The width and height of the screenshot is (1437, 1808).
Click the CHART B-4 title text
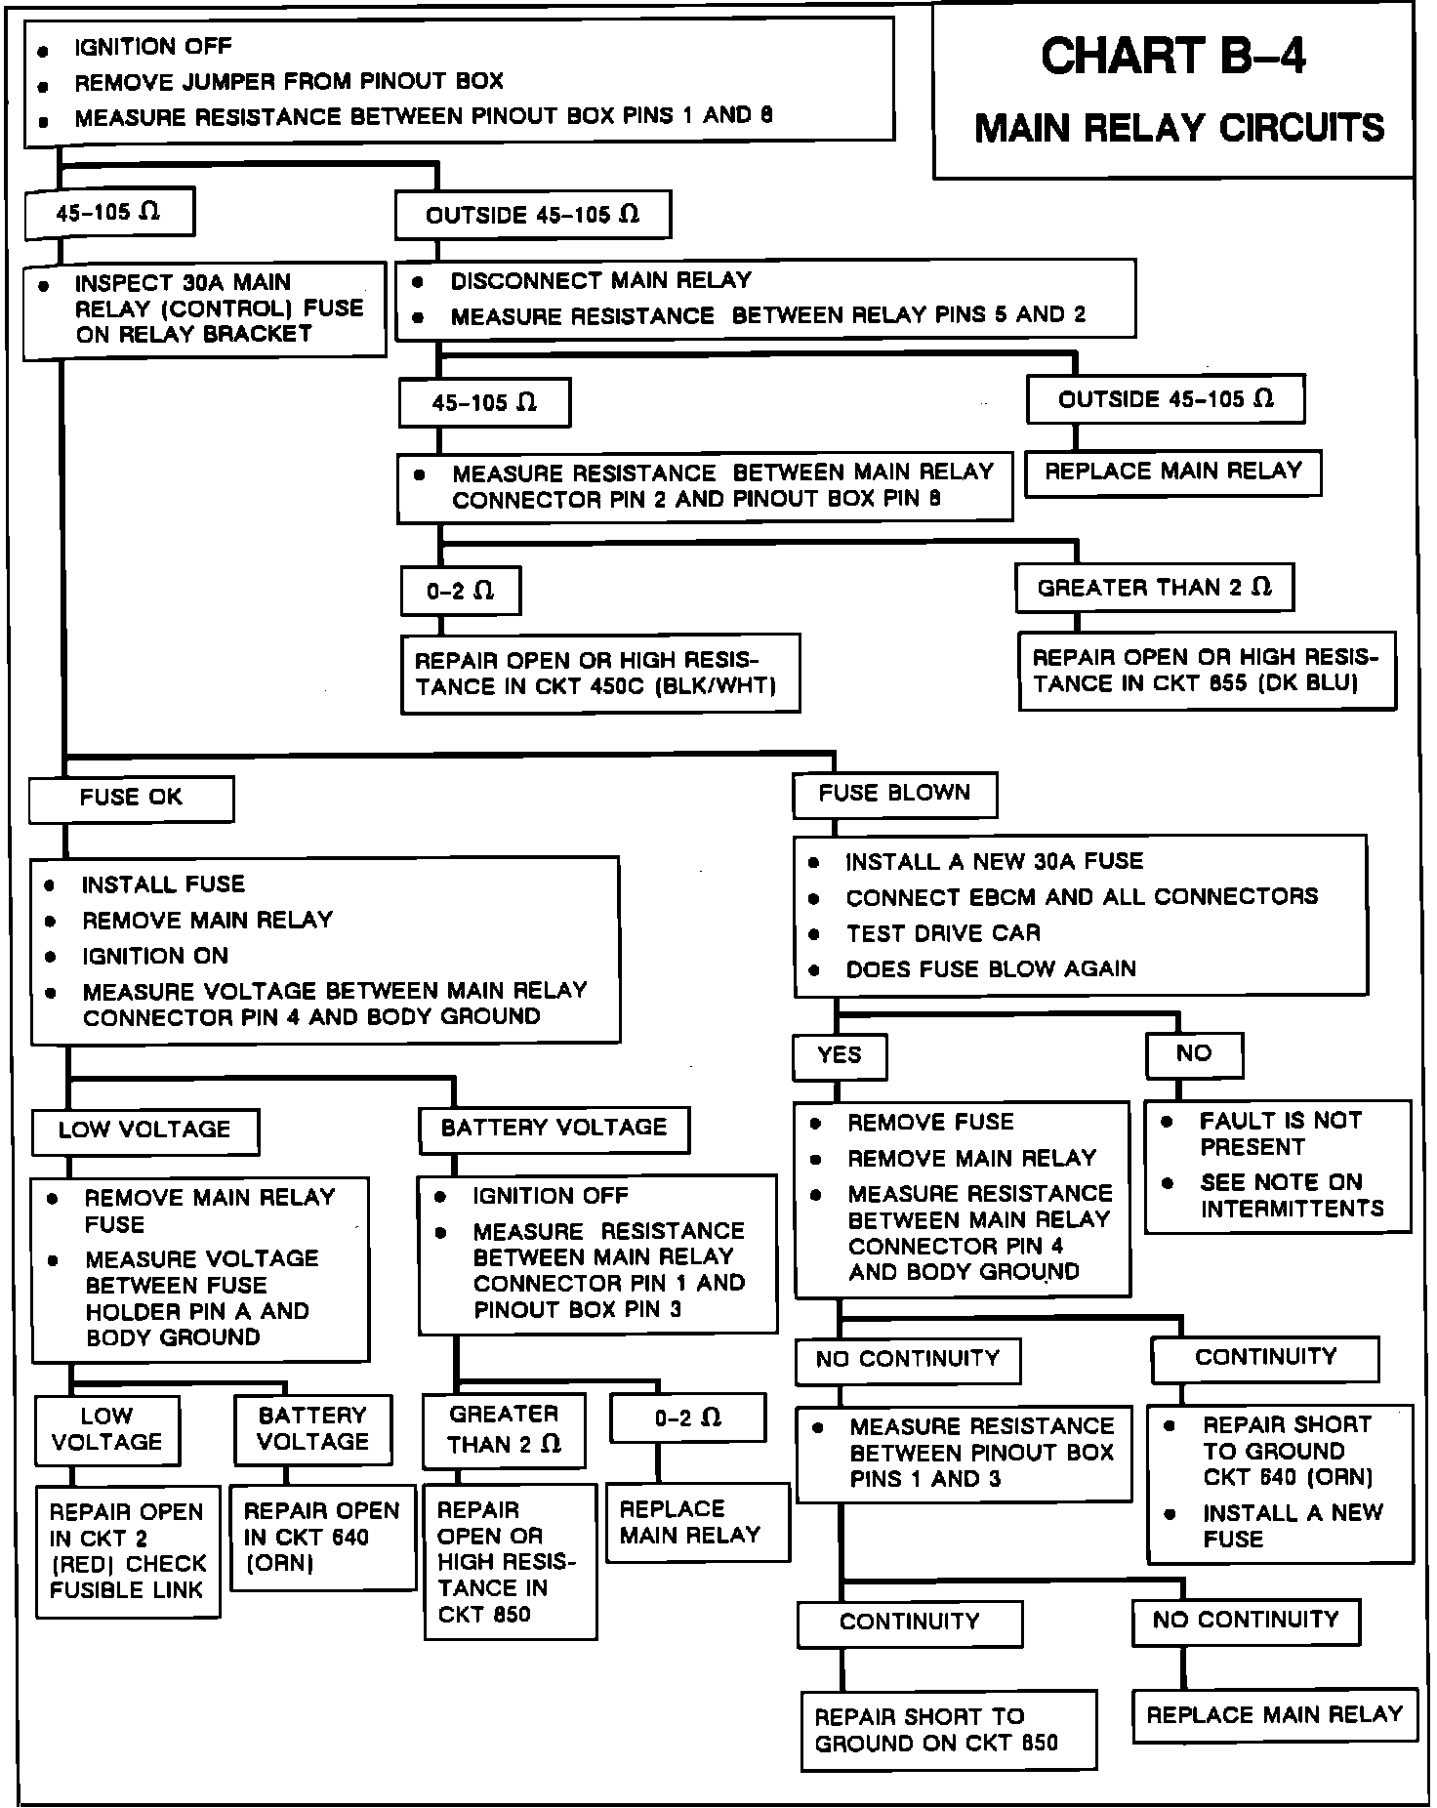pos(1172,58)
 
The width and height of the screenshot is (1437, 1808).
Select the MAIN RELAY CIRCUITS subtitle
pos(1179,128)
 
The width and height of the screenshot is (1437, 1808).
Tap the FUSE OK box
pos(131,799)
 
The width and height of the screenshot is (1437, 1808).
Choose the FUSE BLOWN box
pos(894,794)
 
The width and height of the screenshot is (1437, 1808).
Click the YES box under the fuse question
pos(840,1055)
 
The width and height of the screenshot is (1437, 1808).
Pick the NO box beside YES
pos(1194,1053)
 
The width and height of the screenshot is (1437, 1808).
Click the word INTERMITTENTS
pos(1292,1209)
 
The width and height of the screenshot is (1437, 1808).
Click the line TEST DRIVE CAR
pos(942,933)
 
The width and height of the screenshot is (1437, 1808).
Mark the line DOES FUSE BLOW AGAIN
pos(990,969)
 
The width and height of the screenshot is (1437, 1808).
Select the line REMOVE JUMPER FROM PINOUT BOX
pos(289,82)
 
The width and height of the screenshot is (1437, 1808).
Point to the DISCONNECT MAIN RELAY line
pos(600,281)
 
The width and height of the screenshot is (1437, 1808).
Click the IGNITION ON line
pos(154,956)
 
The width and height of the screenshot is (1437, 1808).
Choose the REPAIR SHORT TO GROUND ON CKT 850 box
pos(948,1730)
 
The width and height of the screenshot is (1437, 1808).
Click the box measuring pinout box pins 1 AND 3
pos(964,1453)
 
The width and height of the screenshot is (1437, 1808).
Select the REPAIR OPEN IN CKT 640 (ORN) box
pos(322,1537)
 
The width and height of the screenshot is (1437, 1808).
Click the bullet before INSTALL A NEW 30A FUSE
pos(813,862)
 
